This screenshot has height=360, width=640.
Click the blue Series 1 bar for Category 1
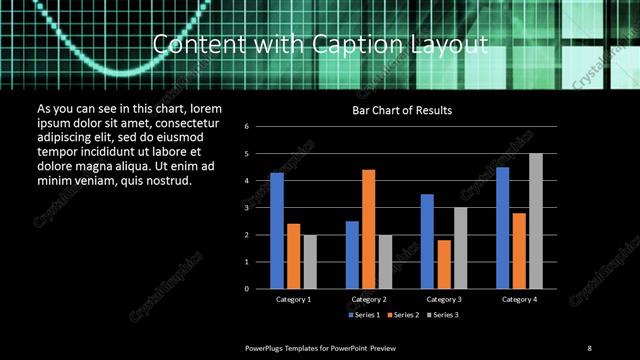point(277,231)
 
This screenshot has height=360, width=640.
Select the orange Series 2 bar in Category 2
point(368,229)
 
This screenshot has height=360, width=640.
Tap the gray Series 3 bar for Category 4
point(536,221)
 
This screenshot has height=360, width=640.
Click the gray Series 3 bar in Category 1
point(310,261)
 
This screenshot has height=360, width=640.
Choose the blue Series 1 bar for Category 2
point(352,255)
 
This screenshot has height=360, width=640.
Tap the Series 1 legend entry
point(364,315)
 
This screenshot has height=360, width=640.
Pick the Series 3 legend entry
point(444,315)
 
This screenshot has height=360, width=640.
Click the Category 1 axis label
point(293,299)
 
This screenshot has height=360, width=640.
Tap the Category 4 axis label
point(519,299)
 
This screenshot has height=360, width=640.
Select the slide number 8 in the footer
point(589,347)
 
